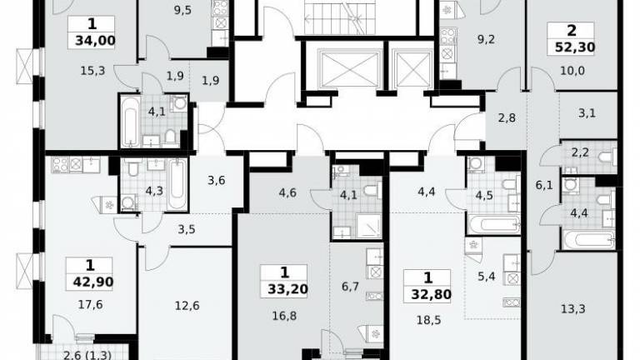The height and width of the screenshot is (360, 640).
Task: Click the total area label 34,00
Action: click(96, 41)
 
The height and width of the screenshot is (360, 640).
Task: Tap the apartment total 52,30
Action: click(575, 47)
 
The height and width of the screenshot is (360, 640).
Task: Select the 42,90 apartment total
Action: click(93, 282)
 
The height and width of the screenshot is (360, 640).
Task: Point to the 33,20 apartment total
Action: click(287, 289)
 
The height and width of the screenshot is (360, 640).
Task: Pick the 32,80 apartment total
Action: click(431, 294)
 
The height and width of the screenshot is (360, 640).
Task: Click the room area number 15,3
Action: click(92, 71)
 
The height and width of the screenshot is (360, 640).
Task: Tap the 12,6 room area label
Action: click(187, 305)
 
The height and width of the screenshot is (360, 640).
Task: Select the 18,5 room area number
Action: click(429, 320)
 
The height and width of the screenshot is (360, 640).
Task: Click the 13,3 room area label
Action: click(573, 309)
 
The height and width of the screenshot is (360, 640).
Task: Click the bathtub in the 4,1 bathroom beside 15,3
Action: click(131, 121)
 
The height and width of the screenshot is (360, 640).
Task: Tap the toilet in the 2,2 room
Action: click(607, 157)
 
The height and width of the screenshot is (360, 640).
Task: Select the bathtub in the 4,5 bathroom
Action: click(494, 224)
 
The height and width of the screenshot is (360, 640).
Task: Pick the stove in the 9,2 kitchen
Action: click(448, 36)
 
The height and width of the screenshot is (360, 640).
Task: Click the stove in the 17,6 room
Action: click(60, 165)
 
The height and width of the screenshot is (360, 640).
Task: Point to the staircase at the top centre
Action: click(340, 17)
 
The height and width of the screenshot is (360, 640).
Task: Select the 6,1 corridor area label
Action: click(544, 186)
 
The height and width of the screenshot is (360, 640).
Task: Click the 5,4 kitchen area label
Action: click(486, 277)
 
